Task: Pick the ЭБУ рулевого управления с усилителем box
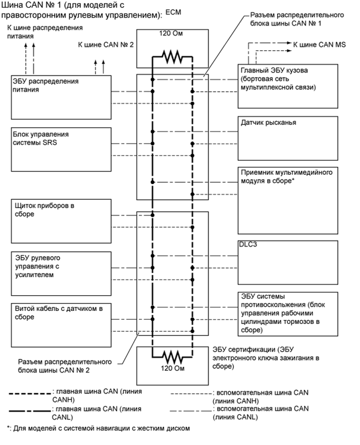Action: coord(60,268)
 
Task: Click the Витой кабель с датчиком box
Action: coord(60,319)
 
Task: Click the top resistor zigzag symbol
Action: coord(172,57)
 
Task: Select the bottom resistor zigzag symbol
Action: coord(172,356)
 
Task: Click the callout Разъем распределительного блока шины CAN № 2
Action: coord(66,365)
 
